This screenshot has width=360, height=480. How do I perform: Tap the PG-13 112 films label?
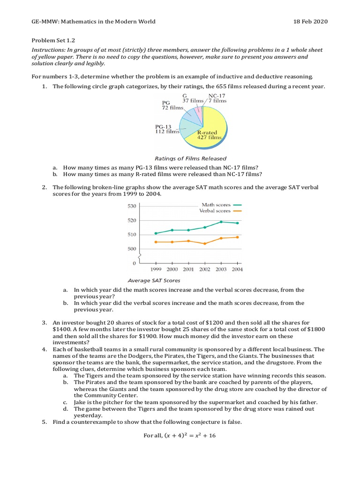pos(167,129)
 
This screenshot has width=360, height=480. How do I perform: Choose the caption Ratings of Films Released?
pos(190,158)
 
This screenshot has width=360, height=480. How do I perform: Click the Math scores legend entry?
pos(221,205)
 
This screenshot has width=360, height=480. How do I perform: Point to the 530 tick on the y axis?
pos(132,206)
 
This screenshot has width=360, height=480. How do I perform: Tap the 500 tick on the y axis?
pos(132,249)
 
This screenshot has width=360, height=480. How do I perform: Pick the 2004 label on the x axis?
pos(237,270)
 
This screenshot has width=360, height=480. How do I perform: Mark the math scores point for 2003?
pos(221,222)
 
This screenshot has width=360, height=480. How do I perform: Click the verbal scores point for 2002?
pos(205,244)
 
